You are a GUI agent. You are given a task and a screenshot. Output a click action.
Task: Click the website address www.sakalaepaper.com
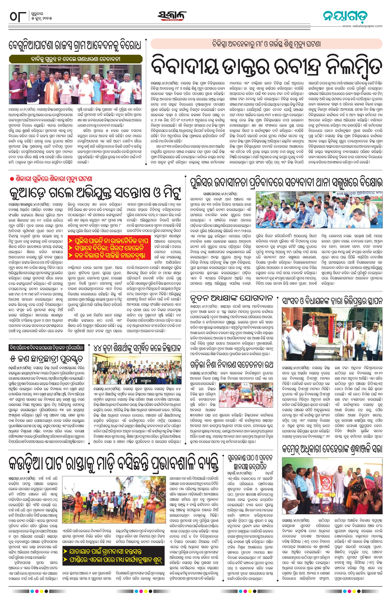pyautogui.click(x=362, y=26)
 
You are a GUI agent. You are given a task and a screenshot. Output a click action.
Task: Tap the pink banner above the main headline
pyautogui.click(x=266, y=44)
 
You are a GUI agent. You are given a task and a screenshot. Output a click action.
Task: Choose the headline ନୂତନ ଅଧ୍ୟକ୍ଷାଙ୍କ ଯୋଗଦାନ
pyautogui.click(x=231, y=298)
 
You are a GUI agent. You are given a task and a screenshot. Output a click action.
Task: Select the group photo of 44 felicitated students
pyautogui.click(x=137, y=369)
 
